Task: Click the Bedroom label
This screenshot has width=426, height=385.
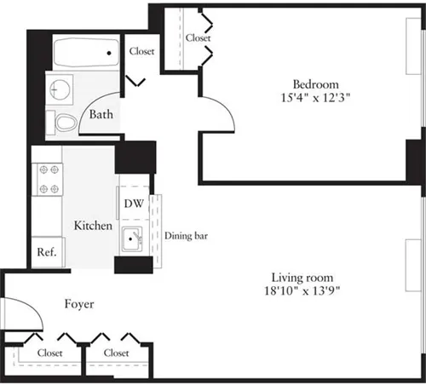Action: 316,84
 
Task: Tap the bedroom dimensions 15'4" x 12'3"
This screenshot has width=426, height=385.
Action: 316,98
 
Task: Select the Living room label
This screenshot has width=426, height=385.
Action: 302,278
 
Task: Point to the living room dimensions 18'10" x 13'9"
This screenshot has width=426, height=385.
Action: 302,291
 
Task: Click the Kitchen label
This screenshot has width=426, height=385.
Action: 93,226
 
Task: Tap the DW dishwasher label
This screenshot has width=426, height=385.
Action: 134,204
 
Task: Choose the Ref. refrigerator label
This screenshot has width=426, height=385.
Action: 45,253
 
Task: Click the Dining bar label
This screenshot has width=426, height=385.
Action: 187,236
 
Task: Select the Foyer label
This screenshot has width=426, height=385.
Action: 78,303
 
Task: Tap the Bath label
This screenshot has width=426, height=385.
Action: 101,114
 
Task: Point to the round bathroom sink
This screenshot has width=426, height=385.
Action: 59,87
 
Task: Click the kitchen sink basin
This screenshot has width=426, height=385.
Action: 131,239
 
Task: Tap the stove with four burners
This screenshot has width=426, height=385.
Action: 48,178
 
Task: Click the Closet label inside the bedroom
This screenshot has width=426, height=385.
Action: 198,38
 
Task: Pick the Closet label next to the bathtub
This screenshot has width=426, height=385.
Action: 141,51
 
